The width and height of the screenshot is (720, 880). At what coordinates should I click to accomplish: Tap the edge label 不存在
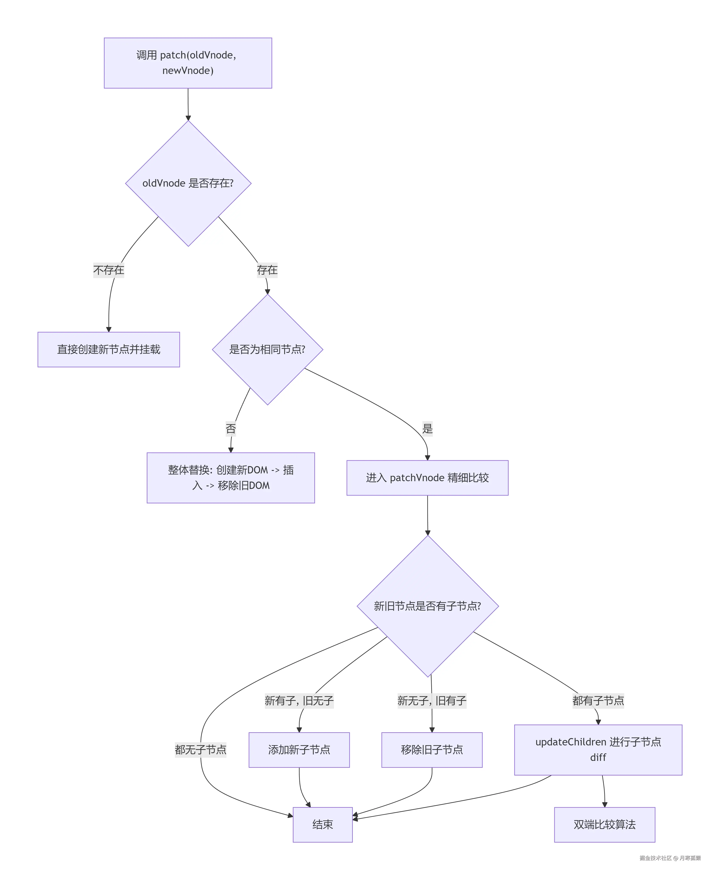click(109, 270)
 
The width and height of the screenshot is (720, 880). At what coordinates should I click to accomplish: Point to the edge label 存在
click(267, 270)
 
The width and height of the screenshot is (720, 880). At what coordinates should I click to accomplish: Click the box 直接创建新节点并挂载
click(109, 349)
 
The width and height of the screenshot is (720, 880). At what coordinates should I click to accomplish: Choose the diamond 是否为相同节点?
click(268, 349)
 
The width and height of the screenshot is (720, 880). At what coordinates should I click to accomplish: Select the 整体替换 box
click(231, 478)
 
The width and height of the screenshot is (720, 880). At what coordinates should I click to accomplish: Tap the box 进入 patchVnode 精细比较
click(427, 478)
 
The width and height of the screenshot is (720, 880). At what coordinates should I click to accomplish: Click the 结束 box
click(323, 824)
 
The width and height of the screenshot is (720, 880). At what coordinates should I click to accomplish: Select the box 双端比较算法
click(604, 824)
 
